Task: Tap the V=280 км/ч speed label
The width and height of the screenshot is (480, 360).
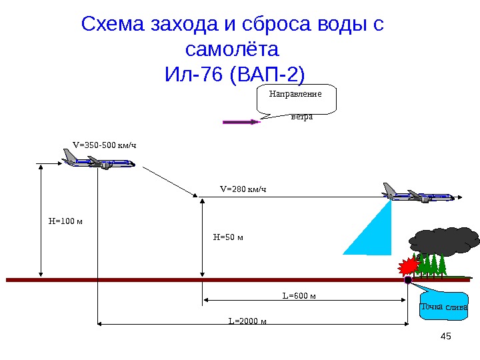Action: tap(243, 189)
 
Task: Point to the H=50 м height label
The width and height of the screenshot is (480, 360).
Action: tap(228, 237)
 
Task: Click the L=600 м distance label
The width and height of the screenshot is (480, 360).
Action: tap(299, 295)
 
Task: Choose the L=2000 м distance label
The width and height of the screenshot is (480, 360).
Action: tap(247, 321)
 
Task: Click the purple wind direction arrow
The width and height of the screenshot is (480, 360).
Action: tap(241, 122)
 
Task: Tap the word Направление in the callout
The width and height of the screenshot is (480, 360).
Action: tap(295, 93)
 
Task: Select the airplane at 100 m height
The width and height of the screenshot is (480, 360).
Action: tap(98, 160)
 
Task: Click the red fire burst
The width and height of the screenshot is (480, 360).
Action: tap(407, 268)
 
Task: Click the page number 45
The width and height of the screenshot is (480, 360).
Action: tap(447, 336)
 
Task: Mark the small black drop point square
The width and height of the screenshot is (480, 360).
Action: tap(408, 281)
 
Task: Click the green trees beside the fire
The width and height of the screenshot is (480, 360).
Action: tap(432, 265)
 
